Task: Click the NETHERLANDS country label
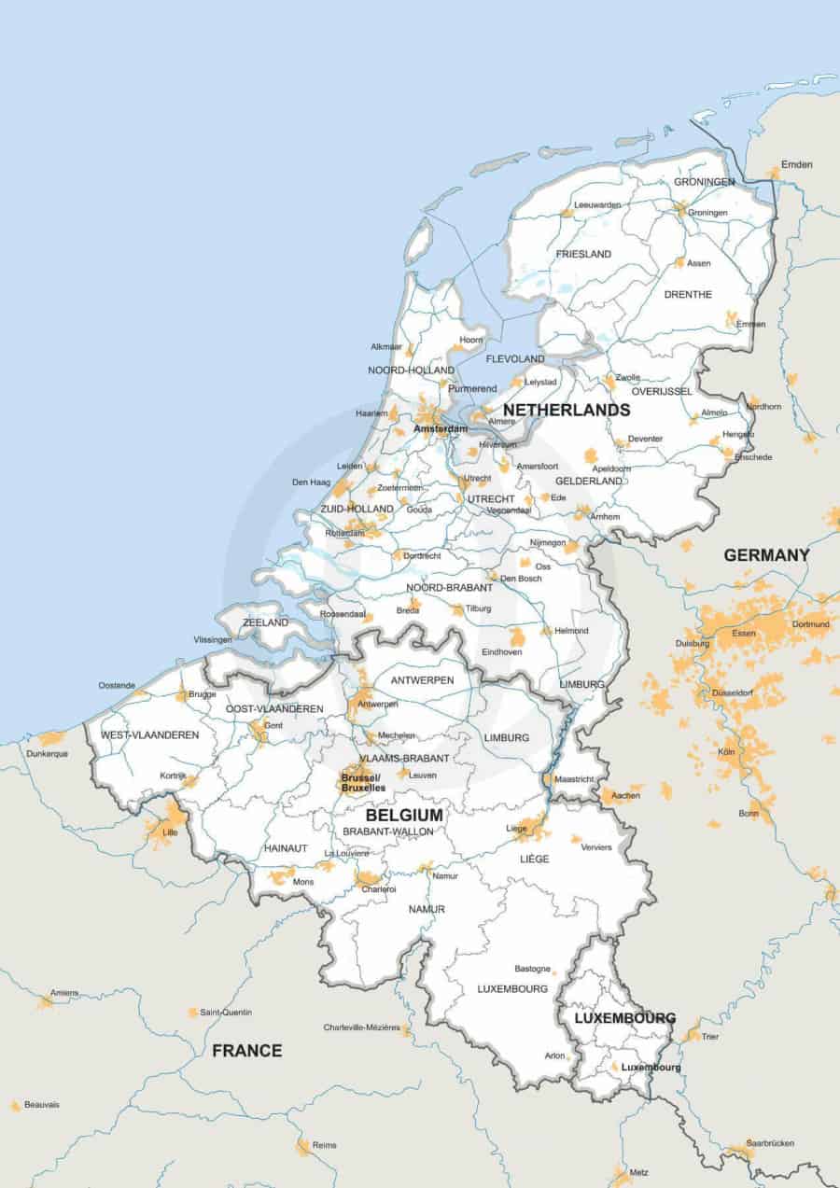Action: pos(567,410)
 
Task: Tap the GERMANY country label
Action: pos(766,555)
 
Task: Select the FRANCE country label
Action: pos(246,1051)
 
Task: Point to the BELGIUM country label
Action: pos(391,815)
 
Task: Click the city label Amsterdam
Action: pos(441,429)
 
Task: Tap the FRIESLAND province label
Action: pos(583,254)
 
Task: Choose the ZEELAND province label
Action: pos(265,622)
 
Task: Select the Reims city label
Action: pos(325,1145)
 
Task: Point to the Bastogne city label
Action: pos(533,969)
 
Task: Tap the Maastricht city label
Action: pos(574,779)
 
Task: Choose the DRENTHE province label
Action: pos(688,295)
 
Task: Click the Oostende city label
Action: pos(117,685)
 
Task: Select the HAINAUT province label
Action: pos(286,848)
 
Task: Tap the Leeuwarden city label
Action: pos(598,204)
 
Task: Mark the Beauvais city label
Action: pos(42,1104)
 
